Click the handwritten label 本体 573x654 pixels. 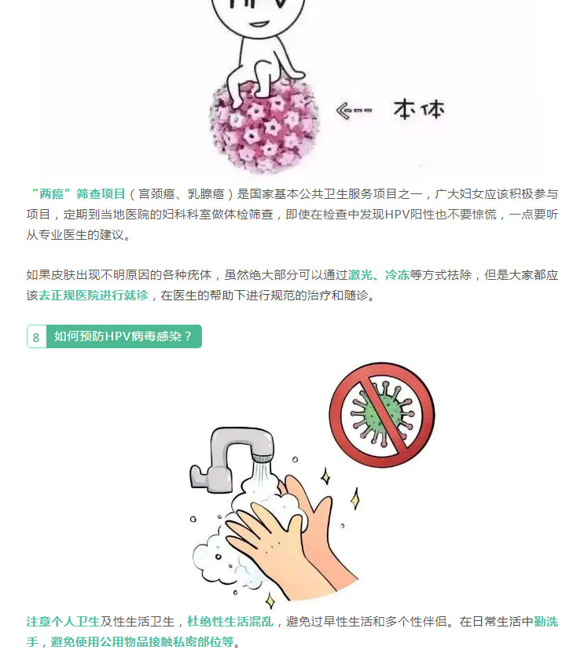click(419, 109)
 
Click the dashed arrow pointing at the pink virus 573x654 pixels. click(353, 111)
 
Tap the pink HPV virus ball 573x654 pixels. click(263, 127)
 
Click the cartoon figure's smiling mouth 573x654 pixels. click(258, 24)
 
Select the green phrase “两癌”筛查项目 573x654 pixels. click(76, 194)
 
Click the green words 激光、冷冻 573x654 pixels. click(379, 275)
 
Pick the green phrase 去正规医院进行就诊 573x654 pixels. click(94, 296)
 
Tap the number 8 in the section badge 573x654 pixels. click(36, 337)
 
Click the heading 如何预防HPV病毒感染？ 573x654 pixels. click(123, 336)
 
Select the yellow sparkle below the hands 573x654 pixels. click(270, 601)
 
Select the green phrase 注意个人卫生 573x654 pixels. click(63, 622)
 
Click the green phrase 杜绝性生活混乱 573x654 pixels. click(230, 622)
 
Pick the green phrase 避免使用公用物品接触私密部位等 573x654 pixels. click(142, 642)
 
